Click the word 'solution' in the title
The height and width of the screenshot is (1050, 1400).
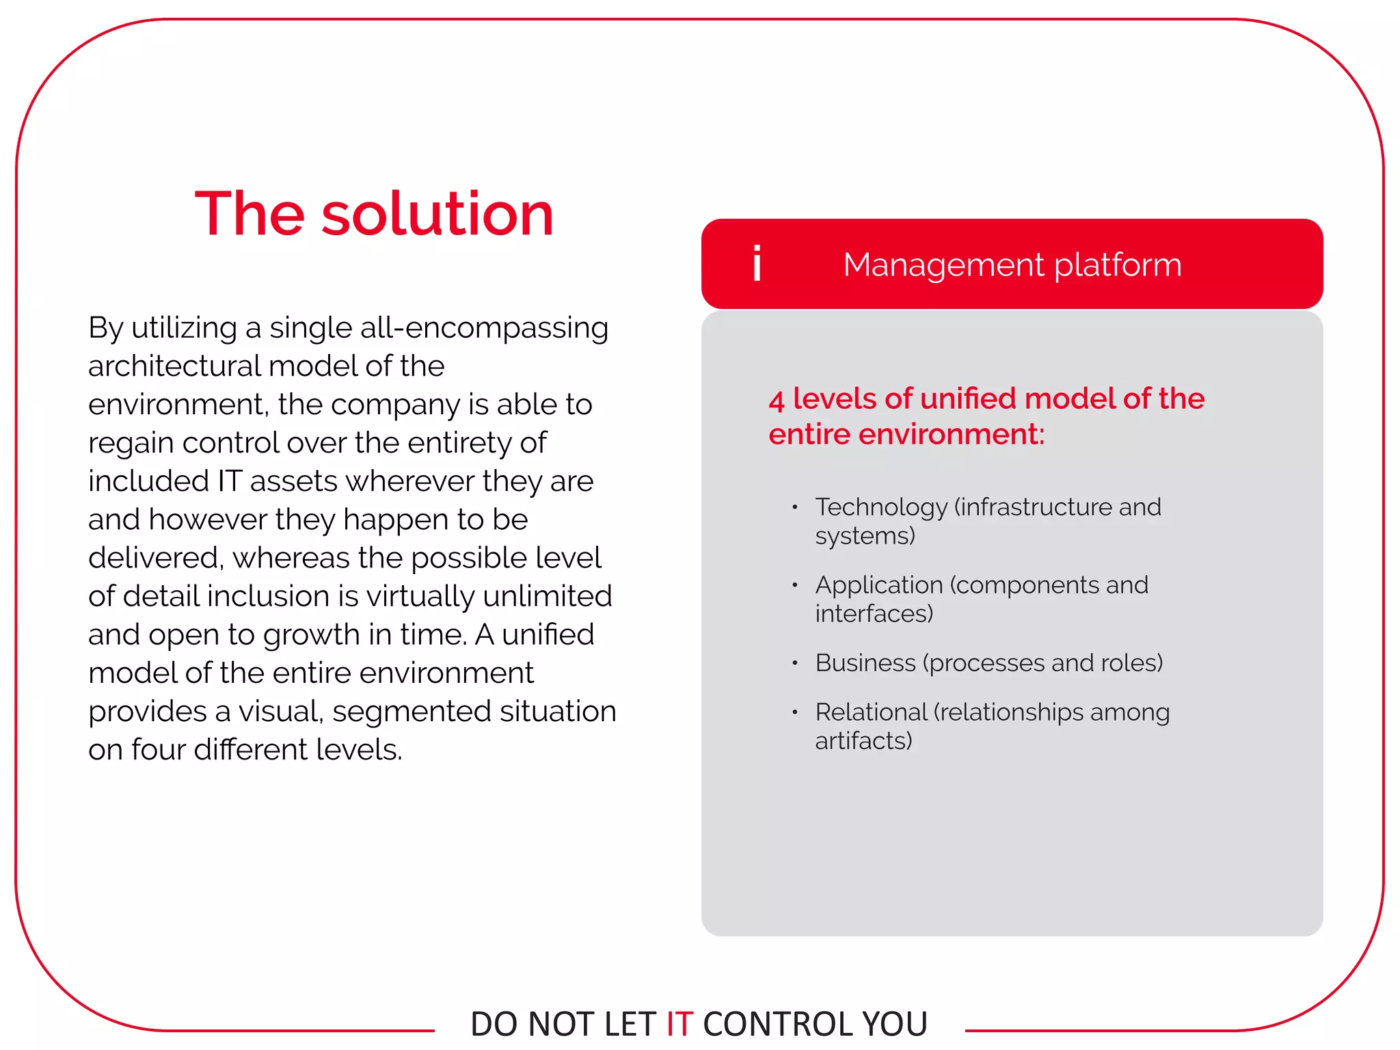[437, 215]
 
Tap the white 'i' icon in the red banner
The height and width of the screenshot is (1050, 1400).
[757, 264]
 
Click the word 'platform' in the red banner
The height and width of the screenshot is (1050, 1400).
[1118, 265]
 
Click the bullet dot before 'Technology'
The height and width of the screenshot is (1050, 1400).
[794, 507]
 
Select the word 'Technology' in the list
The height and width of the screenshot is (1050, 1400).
[880, 507]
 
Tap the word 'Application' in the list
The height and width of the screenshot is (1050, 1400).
[879, 585]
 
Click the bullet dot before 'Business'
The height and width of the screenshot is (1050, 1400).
[794, 663]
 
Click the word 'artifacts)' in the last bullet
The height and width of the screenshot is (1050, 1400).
[863, 741]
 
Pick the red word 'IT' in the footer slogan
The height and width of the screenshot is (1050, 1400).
[679, 1024]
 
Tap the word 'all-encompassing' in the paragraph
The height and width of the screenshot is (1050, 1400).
[484, 328]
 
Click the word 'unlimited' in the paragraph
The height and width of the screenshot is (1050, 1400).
[547, 596]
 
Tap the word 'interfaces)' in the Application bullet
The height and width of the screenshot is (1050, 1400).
[874, 614]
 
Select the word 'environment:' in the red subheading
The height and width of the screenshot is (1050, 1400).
[951, 435]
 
